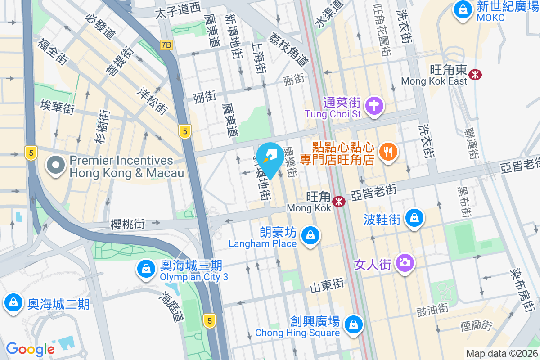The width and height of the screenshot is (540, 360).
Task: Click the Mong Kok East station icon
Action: [x=475, y=74]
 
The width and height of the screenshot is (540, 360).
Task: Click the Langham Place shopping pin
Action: [x=310, y=235]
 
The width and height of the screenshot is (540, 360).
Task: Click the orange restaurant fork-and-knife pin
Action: [x=387, y=151]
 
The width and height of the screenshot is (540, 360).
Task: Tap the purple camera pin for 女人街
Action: [x=405, y=262]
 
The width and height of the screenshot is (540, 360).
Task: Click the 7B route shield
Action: [x=166, y=45]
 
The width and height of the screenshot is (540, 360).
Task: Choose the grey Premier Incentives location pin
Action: [x=55, y=166]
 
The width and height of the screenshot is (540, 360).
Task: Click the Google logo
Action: [x=30, y=349]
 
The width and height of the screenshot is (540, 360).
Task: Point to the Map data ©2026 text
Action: [x=502, y=353]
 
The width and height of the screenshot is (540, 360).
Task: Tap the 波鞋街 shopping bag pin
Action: [x=414, y=218]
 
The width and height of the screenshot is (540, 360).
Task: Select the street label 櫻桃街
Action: [x=128, y=224]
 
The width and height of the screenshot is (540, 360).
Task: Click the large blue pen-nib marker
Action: [x=272, y=158]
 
